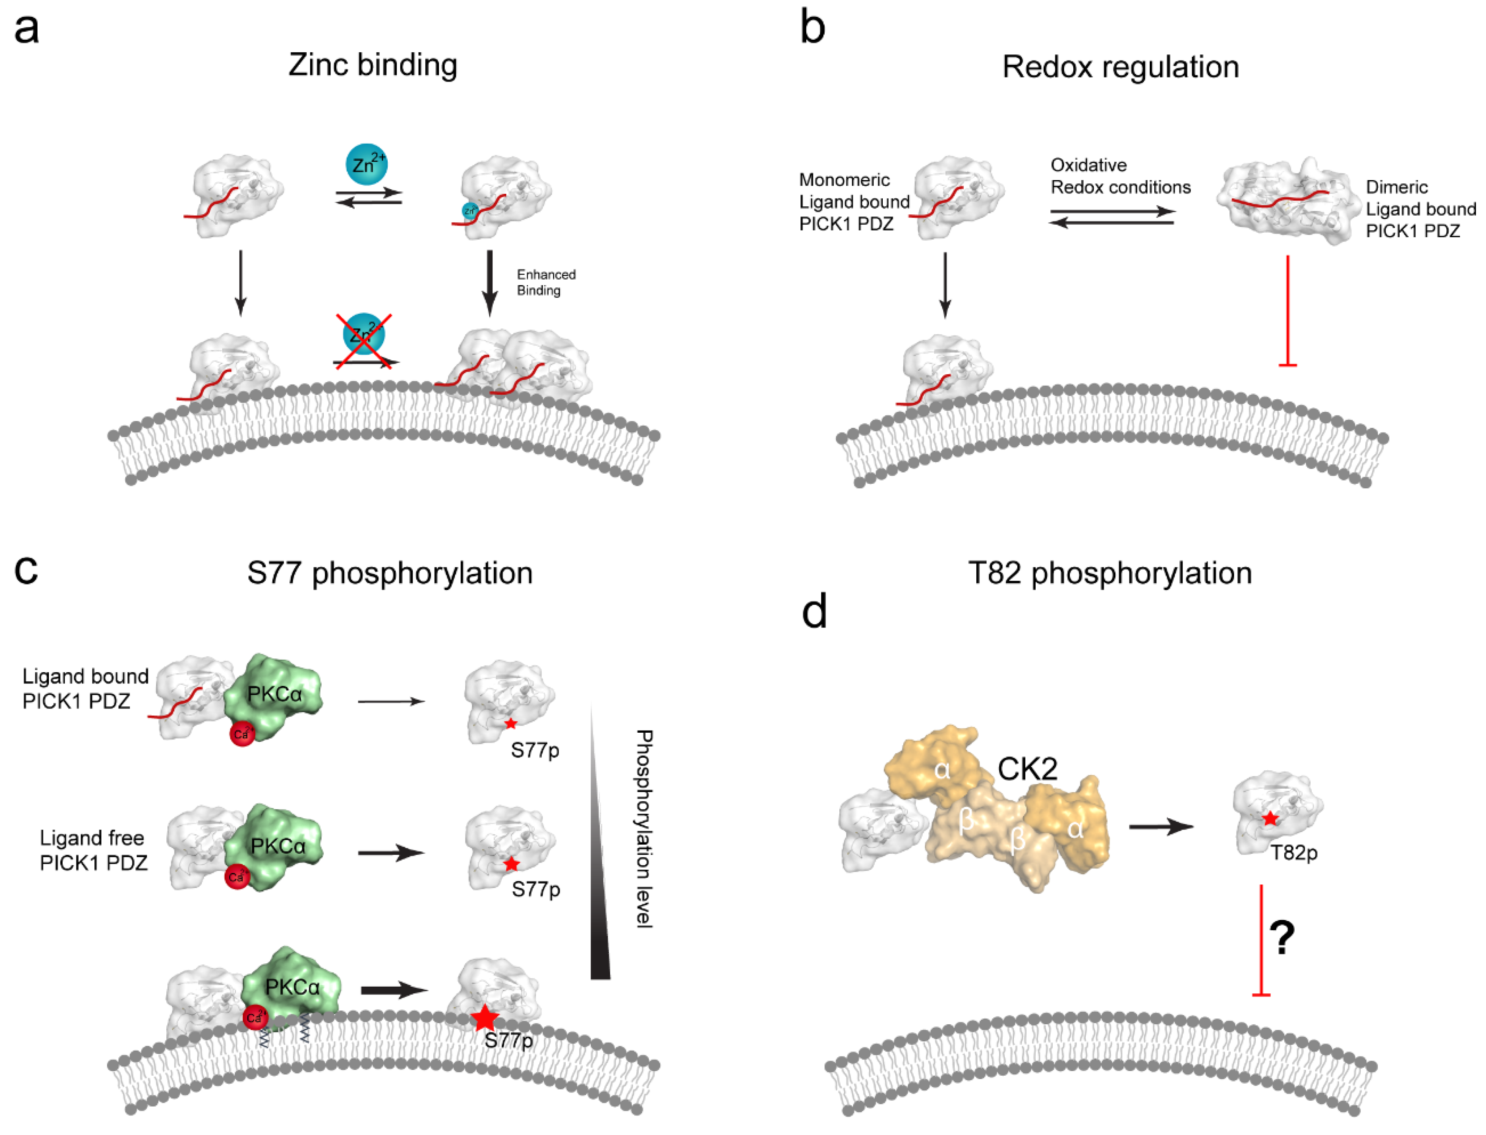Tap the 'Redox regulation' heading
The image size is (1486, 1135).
click(1120, 67)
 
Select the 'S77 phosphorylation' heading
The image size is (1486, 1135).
click(390, 573)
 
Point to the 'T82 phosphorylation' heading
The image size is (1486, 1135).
click(1110, 573)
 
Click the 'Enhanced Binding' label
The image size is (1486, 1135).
click(546, 282)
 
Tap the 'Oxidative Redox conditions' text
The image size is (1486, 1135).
click(1120, 176)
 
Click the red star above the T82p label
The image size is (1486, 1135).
click(1270, 819)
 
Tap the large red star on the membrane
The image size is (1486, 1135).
click(484, 1018)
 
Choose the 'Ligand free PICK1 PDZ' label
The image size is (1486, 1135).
click(93, 851)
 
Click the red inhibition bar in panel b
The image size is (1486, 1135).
click(1288, 311)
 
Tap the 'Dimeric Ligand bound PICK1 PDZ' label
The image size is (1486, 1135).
click(1420, 209)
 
